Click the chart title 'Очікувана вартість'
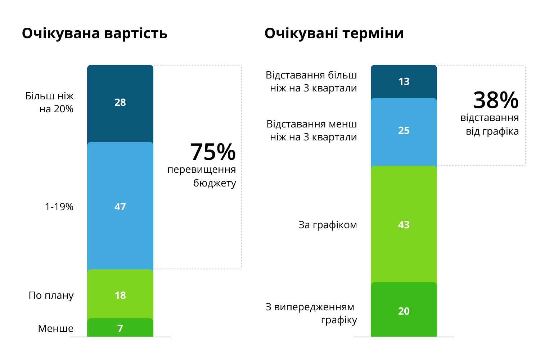[x=95, y=33]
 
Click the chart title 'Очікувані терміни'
[x=334, y=33]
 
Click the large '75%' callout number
[x=213, y=152]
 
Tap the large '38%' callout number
[x=496, y=100]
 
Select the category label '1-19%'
[x=59, y=207]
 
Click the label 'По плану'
[x=51, y=296]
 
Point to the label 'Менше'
[x=56, y=329]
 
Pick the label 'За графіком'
[x=328, y=225]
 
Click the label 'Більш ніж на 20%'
[x=50, y=103]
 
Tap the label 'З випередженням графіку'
[x=311, y=313]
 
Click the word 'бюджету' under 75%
[x=215, y=183]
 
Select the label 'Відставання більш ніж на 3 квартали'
[x=311, y=82]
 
